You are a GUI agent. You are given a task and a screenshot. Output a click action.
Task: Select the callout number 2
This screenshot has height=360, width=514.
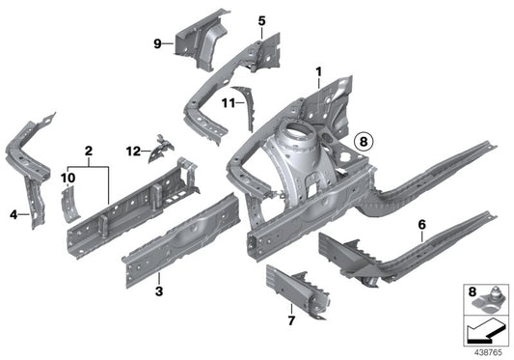click(x=88, y=151)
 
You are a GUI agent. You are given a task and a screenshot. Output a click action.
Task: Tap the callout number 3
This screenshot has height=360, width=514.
click(x=159, y=291)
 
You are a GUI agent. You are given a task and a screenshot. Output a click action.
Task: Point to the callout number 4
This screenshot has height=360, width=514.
click(x=14, y=214)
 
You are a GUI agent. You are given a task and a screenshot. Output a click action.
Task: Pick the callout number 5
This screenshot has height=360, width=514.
click(x=260, y=20)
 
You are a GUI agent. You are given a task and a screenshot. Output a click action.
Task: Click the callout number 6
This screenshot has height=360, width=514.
click(x=422, y=224)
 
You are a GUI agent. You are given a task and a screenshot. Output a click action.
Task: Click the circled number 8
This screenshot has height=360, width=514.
click(x=362, y=141)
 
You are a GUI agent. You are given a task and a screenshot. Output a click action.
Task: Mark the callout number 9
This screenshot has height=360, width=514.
click(x=157, y=42)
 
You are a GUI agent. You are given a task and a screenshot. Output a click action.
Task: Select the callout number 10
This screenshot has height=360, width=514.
click(x=68, y=179)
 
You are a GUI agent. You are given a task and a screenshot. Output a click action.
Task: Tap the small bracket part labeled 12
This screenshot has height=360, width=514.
click(x=163, y=147)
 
